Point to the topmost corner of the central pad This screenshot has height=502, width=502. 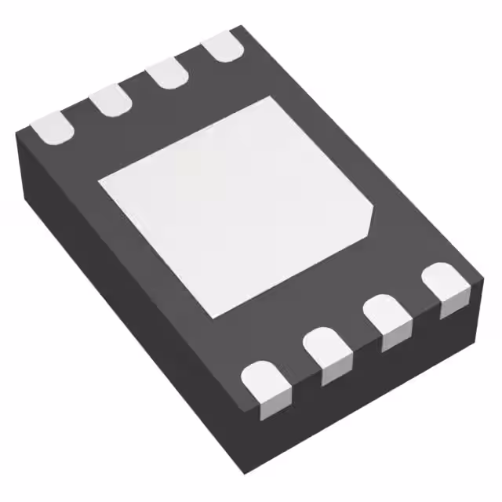(x=271, y=98)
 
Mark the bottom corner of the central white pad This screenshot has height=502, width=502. (x=211, y=317)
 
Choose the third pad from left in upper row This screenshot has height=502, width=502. (x=167, y=74)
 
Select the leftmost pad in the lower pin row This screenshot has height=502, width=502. (x=262, y=387)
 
